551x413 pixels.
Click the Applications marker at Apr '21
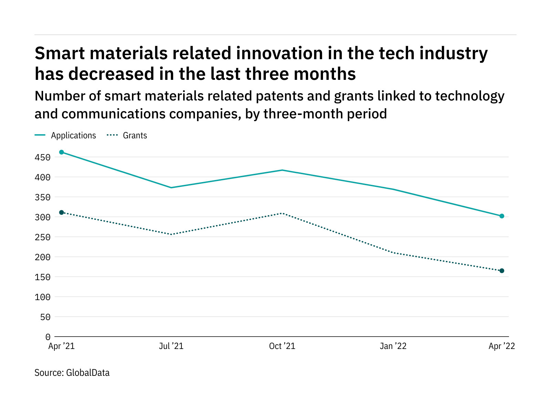coord(62,152)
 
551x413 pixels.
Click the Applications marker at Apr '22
coord(502,216)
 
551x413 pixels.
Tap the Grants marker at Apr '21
coord(62,212)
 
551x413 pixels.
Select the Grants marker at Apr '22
coord(502,271)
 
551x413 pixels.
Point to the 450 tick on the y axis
coord(43,158)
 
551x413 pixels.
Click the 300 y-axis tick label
coord(43,218)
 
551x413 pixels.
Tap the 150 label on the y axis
coord(43,277)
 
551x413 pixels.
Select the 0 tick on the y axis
coord(48,337)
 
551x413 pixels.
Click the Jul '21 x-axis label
coord(171,346)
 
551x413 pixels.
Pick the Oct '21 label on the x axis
coord(282,346)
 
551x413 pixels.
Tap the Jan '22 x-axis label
coord(393,346)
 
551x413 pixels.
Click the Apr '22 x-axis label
coord(502,346)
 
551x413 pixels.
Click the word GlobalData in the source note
coord(88,373)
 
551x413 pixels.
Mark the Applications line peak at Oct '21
coord(282,170)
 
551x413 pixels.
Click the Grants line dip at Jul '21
coord(171,234)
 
